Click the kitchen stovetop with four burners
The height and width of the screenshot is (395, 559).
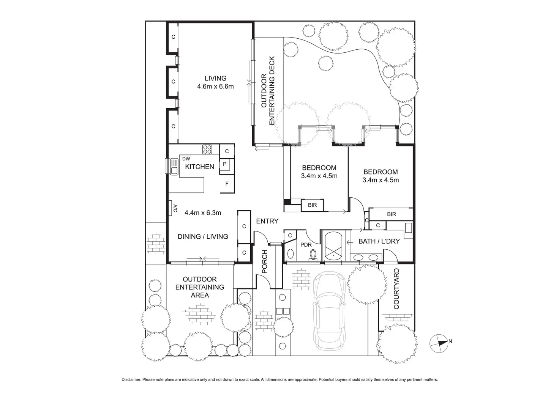click(x=207, y=149)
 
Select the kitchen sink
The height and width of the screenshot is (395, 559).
click(x=174, y=166)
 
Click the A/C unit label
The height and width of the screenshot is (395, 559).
click(x=175, y=208)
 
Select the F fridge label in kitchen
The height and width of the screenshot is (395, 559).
click(x=227, y=184)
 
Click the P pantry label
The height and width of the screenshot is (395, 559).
click(x=224, y=164)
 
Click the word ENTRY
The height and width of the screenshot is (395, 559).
click(x=267, y=221)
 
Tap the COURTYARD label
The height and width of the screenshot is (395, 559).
click(x=396, y=289)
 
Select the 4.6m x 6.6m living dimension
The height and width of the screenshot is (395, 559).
click(x=215, y=86)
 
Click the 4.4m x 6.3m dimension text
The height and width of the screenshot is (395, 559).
click(x=203, y=213)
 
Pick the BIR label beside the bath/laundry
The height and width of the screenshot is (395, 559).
click(x=391, y=214)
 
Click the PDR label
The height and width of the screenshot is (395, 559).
click(x=306, y=245)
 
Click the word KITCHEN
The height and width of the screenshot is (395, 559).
click(x=200, y=167)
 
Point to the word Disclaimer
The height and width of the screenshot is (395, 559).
click(x=131, y=379)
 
